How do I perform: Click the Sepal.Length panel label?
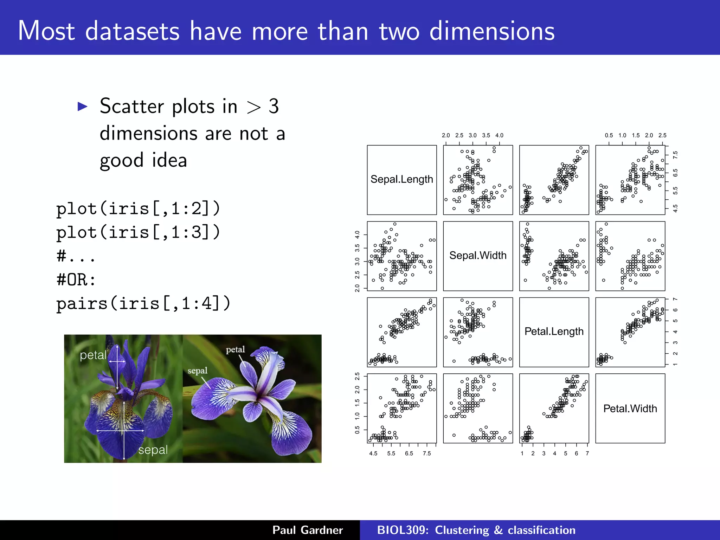coord(401,179)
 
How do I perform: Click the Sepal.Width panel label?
coord(478,255)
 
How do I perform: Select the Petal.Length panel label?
coord(554,331)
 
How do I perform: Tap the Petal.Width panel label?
coord(630,409)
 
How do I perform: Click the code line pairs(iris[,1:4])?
coord(143,303)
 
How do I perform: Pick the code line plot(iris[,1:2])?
coord(138,209)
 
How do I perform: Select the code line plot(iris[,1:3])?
coord(138,232)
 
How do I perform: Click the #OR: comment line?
coord(76,280)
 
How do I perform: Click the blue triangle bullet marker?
coord(82,107)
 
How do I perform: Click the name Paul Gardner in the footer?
coord(307,530)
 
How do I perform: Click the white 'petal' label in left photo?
coord(93,355)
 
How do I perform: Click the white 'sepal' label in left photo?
coord(153,450)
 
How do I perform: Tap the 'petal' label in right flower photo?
coord(235,349)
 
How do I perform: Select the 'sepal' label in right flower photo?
coord(197,371)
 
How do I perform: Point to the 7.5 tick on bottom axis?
coord(427,454)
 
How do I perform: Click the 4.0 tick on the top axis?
coord(499,135)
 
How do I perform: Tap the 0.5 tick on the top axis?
coord(609,135)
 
